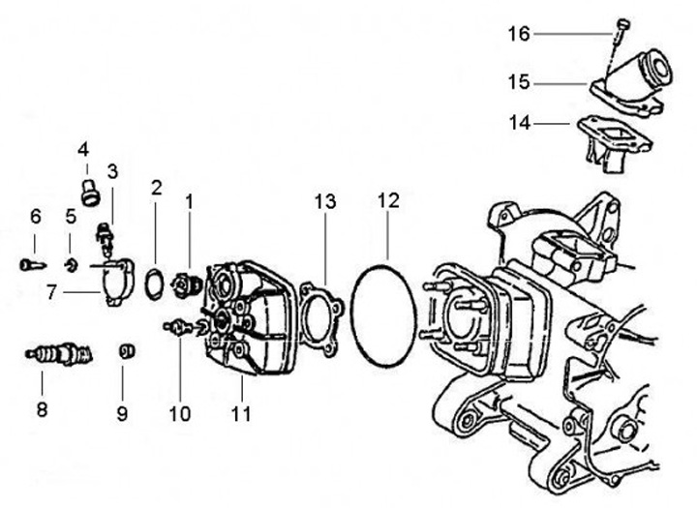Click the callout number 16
(519, 34)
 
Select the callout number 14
(520, 123)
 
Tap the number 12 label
(388, 201)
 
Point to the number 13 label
(325, 202)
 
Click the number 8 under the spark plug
(42, 409)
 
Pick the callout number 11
(241, 414)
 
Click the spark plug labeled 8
(59, 355)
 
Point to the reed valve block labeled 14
(614, 142)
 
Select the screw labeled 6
(32, 265)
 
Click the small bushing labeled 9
(127, 351)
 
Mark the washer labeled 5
(71, 266)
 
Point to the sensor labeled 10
(178, 328)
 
